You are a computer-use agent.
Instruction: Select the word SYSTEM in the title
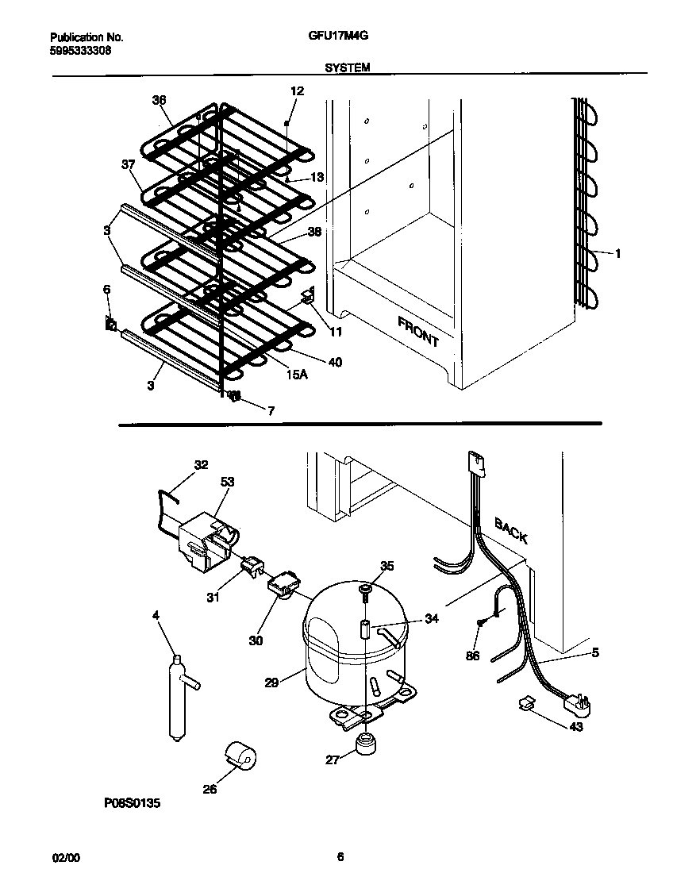point(347,68)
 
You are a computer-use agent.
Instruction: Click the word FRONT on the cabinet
point(418,330)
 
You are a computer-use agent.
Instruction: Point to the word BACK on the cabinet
point(512,530)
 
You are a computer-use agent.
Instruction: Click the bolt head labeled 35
point(366,588)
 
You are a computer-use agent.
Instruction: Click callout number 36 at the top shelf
point(160,99)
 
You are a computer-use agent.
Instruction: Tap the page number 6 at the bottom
point(340,856)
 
